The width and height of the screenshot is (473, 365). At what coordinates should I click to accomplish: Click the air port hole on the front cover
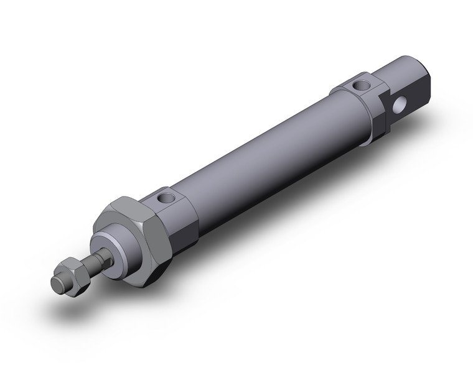pyautogui.click(x=165, y=199)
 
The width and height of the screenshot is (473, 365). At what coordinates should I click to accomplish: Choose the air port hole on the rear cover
pyautogui.click(x=359, y=84)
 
